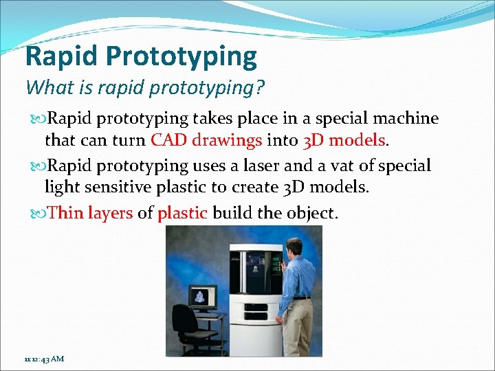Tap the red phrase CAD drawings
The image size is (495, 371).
pos(206,140)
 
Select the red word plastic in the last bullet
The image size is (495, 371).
pos(182,213)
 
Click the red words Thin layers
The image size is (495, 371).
pos(91,213)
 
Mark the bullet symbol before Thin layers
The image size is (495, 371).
pos(38,214)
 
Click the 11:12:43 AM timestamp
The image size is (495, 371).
pos(43,359)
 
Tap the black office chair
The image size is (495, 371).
pos(185,323)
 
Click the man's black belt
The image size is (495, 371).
pos(301,297)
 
